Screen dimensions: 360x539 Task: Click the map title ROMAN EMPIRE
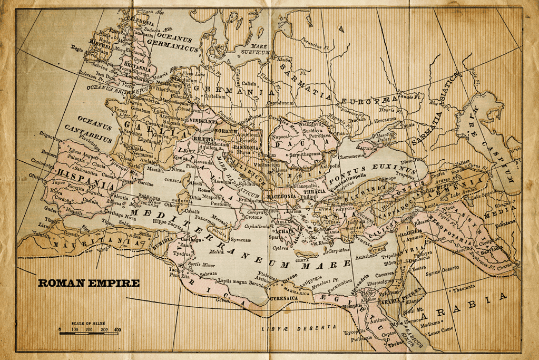click(89, 283)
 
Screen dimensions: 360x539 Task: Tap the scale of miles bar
click(89, 333)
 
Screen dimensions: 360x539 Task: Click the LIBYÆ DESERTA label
click(298, 328)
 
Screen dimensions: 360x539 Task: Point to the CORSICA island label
click(173, 179)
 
